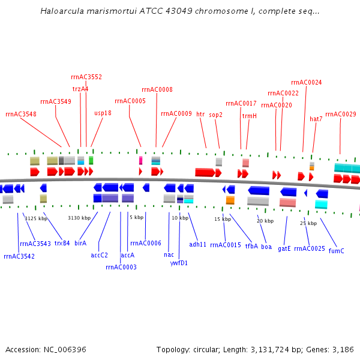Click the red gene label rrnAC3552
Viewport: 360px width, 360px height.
86,77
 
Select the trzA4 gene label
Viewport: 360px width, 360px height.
80,89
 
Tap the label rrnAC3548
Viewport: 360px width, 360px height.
21,114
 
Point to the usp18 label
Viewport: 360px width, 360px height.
103,113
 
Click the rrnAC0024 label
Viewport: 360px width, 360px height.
306,82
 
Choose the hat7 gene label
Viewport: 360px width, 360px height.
316,119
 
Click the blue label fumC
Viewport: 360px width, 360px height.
337,251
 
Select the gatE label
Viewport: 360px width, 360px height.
284,248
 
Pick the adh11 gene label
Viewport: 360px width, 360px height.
198,244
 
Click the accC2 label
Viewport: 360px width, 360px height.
100,255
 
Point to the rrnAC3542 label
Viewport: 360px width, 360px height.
19,256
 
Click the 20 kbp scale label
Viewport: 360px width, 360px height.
265,221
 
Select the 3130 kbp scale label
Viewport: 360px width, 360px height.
79,218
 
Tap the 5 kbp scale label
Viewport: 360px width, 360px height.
137,217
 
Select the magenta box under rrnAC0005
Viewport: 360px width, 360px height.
140,160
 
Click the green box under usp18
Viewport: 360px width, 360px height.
91,160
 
